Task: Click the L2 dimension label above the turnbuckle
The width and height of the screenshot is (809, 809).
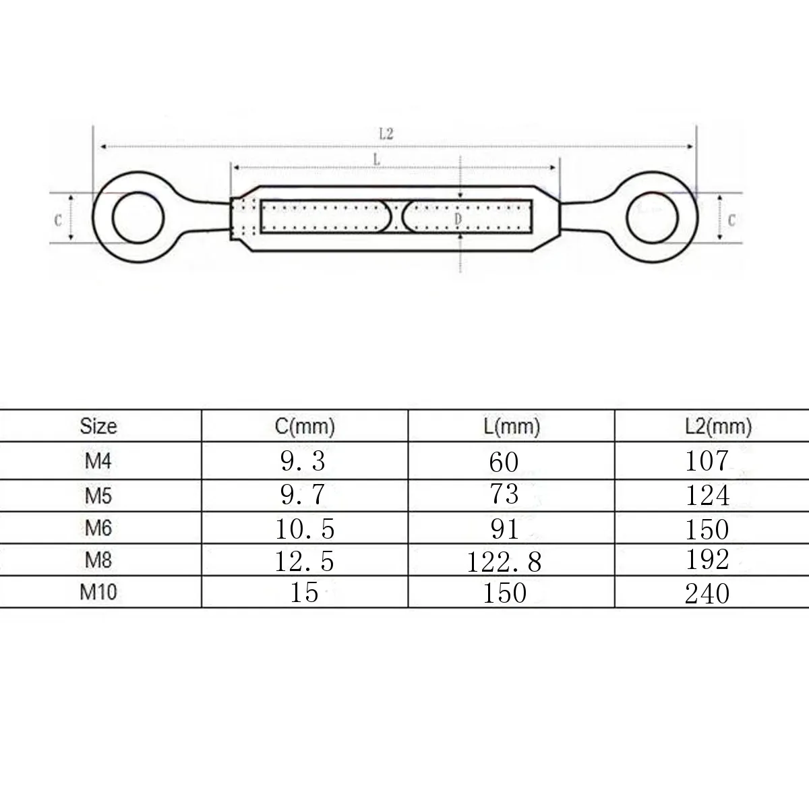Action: (386, 134)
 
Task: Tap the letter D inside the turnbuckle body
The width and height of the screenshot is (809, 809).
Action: (458, 218)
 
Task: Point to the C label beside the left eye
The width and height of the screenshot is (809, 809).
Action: (59, 220)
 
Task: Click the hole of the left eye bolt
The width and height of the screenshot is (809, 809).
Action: (138, 217)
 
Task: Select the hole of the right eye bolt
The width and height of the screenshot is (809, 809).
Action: (652, 218)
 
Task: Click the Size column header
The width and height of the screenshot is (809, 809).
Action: (98, 426)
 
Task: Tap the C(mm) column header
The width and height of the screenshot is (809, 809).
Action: (305, 427)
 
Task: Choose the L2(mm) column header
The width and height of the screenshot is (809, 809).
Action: (718, 427)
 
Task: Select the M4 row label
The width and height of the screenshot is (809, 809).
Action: (98, 461)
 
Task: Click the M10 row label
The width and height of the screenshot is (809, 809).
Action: (98, 592)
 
